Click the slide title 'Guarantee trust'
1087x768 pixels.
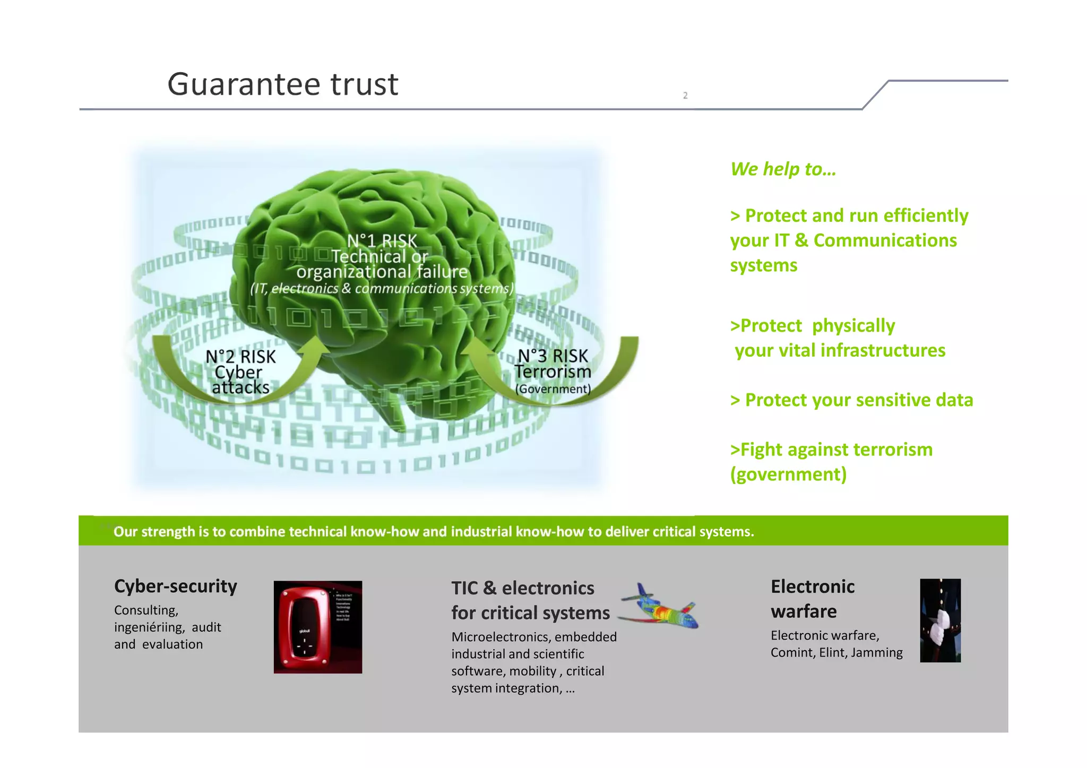click(282, 84)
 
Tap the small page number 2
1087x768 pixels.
click(685, 96)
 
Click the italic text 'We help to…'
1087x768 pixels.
click(783, 169)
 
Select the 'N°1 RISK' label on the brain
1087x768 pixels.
click(382, 241)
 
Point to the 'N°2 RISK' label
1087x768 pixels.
click(240, 357)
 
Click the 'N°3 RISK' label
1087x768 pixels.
click(553, 356)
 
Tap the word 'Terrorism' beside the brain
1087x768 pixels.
click(553, 372)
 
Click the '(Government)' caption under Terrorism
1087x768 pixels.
click(553, 389)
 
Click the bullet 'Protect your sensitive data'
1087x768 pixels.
click(851, 400)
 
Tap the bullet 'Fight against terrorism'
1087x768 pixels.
click(831, 450)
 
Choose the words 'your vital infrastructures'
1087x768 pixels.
click(840, 350)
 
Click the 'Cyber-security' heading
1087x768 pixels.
click(176, 586)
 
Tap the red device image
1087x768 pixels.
click(318, 627)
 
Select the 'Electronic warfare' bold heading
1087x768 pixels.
click(812, 599)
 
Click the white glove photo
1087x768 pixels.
click(940, 620)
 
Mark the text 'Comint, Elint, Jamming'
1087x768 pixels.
click(836, 652)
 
